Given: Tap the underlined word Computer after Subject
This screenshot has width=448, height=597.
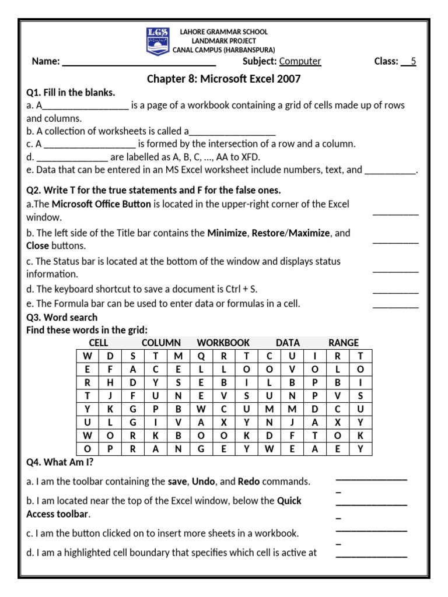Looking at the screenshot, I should [x=300, y=61].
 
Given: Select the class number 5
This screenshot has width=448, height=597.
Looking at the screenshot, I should [x=413, y=61].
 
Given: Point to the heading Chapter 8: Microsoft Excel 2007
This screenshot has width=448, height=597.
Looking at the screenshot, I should [x=223, y=79].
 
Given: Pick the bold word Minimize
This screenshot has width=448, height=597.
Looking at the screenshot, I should [x=227, y=233].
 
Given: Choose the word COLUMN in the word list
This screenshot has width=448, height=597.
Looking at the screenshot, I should [x=161, y=343].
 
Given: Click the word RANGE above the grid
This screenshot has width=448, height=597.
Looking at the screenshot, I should [x=344, y=343].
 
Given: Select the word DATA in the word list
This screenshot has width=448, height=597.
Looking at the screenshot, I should [x=288, y=343].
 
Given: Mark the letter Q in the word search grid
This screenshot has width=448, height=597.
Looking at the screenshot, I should [x=201, y=356].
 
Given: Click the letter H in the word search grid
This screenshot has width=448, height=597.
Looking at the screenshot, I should [x=110, y=383].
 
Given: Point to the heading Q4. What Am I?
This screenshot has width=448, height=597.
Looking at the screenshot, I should [x=60, y=463].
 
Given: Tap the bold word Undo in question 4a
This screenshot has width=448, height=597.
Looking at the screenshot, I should [x=204, y=482].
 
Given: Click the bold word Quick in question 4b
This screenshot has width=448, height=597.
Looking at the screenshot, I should [x=289, y=501].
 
